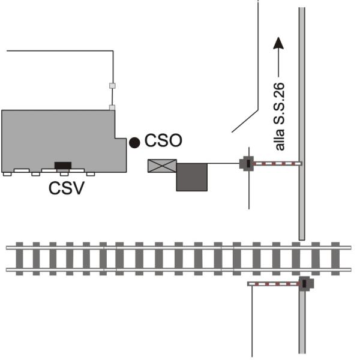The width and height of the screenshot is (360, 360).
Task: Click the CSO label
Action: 163,140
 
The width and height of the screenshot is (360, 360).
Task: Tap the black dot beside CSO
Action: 134,143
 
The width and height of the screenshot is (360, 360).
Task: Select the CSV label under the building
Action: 67,188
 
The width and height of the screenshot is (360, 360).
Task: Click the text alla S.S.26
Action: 280,116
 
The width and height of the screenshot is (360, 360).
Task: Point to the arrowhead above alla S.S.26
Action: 278,43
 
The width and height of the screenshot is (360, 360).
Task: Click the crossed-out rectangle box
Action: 162,166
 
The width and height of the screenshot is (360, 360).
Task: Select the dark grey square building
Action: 192,177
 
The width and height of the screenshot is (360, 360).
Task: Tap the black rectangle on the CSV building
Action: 63,166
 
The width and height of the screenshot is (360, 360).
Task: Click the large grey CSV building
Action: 64,141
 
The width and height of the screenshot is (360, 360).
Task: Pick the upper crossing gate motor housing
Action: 247,163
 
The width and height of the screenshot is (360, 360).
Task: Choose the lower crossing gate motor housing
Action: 306,284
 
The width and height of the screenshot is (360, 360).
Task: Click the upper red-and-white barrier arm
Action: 278,164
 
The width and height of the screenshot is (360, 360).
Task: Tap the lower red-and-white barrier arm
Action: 273,284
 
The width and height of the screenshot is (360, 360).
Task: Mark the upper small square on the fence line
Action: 112,86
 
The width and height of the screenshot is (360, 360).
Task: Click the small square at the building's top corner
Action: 112,107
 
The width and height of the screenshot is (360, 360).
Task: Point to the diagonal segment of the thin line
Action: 245,121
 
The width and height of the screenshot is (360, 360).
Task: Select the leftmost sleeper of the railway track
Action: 20,259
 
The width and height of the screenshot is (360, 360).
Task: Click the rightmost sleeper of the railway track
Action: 335,259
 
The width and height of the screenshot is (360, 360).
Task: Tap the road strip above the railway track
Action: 302,124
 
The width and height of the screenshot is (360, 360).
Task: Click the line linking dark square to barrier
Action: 223,163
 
